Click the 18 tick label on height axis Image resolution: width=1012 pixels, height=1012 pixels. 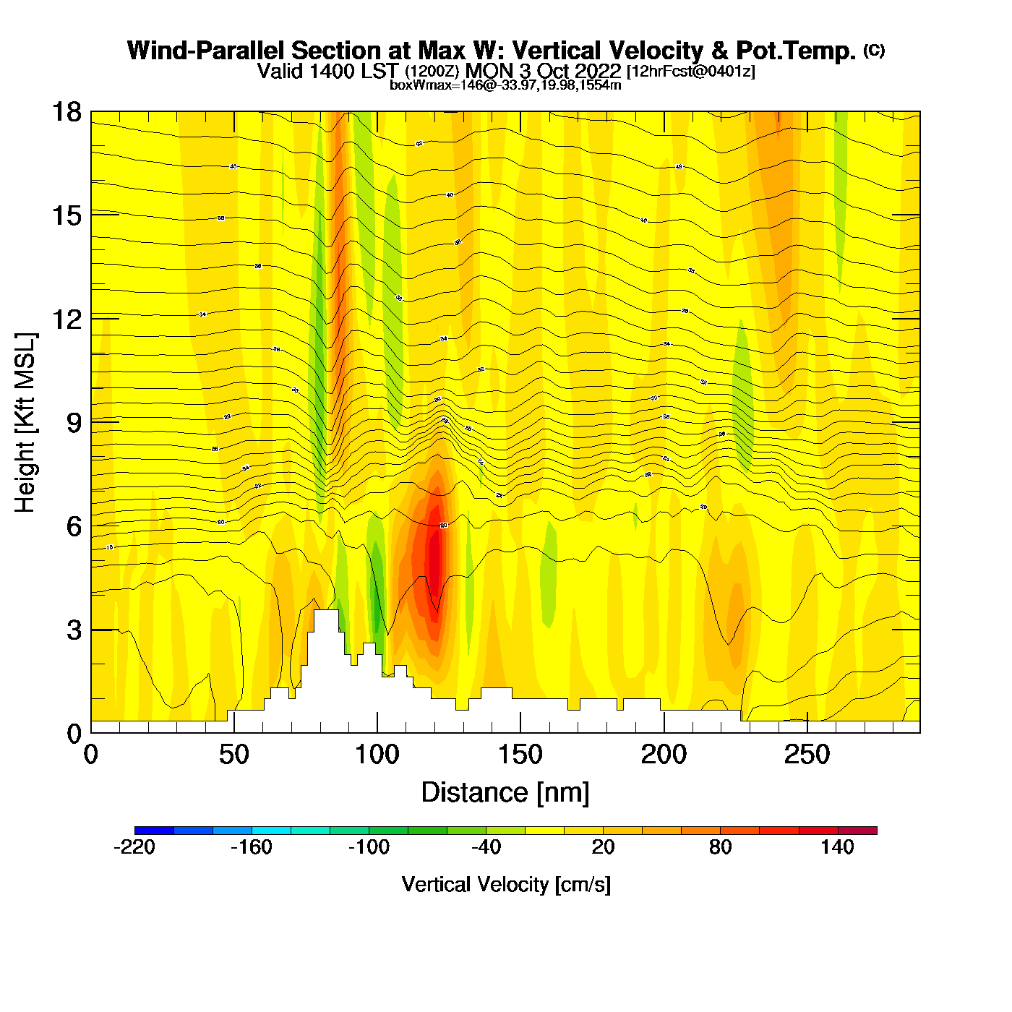click(66, 112)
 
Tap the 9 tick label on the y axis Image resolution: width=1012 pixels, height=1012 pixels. click(74, 423)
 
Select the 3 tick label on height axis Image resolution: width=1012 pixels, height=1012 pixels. click(74, 630)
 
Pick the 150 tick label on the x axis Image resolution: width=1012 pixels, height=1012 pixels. click(520, 755)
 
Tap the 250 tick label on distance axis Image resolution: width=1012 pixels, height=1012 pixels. click(807, 755)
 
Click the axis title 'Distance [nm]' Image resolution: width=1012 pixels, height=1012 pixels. click(505, 793)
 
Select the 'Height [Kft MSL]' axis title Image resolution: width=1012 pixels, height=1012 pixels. click(25, 423)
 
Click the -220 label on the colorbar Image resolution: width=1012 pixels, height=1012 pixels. click(134, 847)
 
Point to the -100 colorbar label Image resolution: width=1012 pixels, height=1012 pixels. click(369, 847)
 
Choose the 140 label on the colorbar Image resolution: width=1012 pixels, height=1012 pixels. click(837, 847)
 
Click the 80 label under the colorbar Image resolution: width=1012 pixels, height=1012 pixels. click(720, 847)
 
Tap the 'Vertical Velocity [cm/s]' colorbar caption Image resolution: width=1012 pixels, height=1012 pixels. click(505, 885)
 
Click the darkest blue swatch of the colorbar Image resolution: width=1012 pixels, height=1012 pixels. click(154, 831)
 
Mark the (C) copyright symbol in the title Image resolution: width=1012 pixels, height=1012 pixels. click(874, 50)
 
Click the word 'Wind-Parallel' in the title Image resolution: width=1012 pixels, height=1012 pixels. click(206, 51)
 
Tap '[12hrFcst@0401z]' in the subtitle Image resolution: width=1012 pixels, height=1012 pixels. click(690, 72)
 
